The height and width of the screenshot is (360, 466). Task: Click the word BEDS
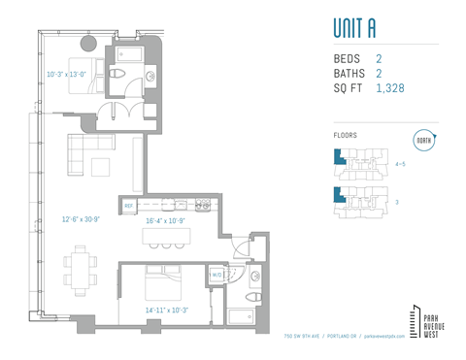pos(347,59)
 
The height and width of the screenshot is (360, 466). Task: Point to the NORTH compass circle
pos(423,141)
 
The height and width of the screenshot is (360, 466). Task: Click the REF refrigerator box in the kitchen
pos(129,206)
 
